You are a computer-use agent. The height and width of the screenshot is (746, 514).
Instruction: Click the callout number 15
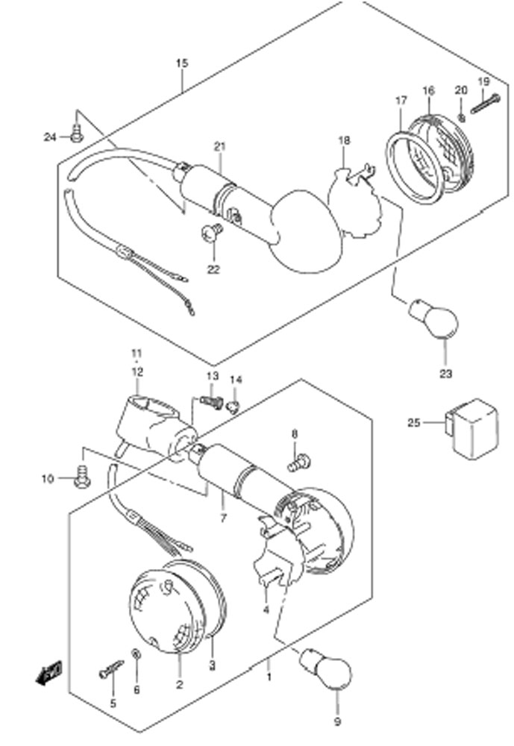182,63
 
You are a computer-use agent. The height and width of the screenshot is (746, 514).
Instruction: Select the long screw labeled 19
486,104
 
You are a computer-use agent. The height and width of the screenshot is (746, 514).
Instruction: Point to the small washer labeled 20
461,117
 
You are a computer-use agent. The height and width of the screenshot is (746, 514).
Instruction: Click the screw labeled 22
212,232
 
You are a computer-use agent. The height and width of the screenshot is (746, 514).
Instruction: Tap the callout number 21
219,146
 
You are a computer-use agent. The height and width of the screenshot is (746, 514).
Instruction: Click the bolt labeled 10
82,477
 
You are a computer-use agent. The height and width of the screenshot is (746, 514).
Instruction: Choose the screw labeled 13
211,402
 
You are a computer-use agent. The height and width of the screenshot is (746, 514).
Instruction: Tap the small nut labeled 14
233,407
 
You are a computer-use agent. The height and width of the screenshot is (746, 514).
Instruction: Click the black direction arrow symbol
48,673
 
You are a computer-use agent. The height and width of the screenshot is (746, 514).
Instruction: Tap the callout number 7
223,518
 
